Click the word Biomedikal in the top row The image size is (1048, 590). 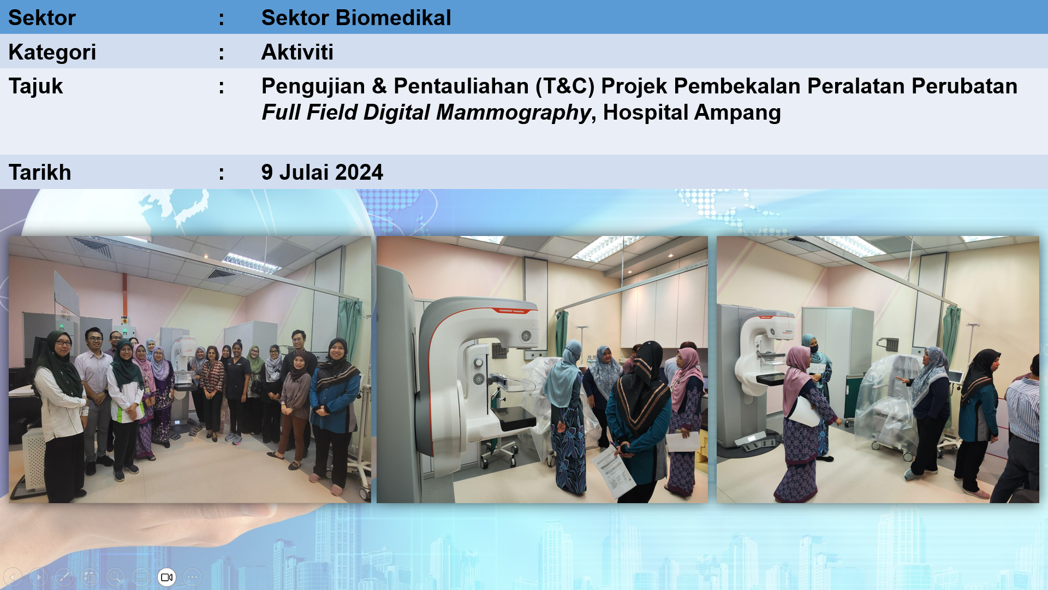[394, 18]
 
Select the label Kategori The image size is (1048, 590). [52, 52]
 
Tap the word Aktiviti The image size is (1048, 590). [297, 52]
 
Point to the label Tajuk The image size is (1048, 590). [36, 86]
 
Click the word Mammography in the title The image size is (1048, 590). [514, 113]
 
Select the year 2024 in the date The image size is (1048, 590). [359, 173]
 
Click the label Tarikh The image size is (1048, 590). [40, 173]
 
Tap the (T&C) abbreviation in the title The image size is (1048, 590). [565, 86]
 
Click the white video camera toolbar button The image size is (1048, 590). [167, 577]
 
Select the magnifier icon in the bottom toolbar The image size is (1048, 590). [115, 577]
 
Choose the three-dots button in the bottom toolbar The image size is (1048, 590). [192, 577]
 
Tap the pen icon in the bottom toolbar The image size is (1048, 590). [64, 577]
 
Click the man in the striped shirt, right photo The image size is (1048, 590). [1018, 432]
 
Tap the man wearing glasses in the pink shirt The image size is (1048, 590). [95, 399]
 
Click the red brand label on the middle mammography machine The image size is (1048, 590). [511, 311]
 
